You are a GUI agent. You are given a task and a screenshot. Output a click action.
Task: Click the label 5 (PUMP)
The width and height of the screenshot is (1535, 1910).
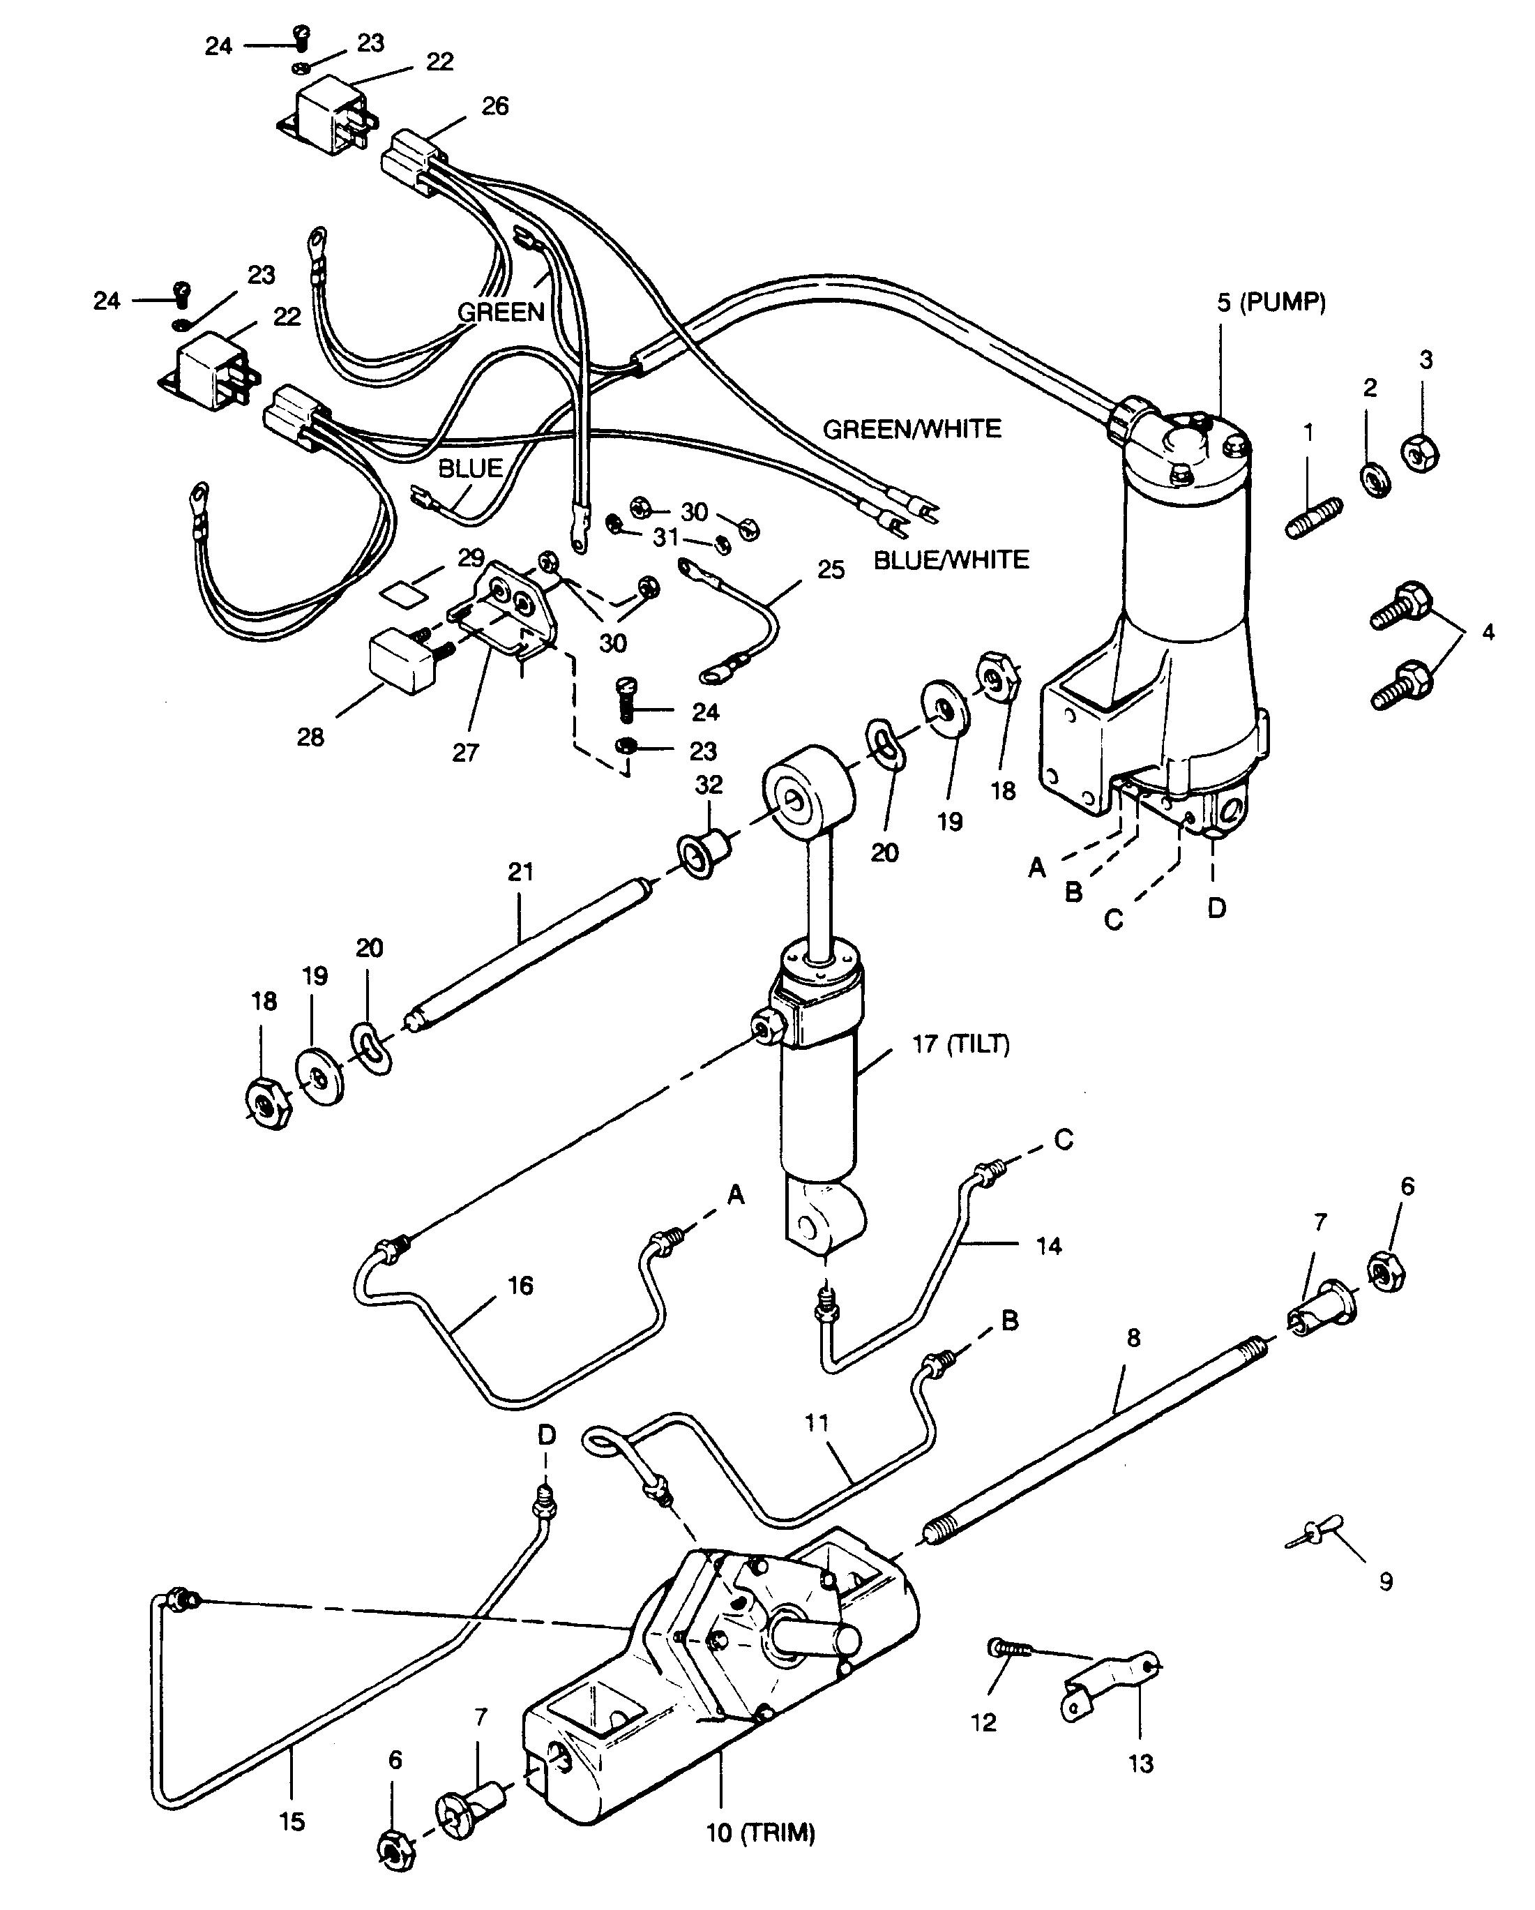(x=1271, y=303)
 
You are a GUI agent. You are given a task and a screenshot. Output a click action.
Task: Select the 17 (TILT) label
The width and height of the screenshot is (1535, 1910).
(x=961, y=1044)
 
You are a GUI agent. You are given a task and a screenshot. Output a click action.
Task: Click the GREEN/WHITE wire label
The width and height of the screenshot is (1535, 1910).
(x=912, y=430)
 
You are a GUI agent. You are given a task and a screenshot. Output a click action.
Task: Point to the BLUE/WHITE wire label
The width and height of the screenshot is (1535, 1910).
(x=951, y=560)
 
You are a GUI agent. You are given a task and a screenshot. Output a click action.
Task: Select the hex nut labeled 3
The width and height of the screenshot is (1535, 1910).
(x=1420, y=453)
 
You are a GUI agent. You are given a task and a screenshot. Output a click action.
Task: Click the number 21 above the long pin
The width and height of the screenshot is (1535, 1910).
(x=521, y=872)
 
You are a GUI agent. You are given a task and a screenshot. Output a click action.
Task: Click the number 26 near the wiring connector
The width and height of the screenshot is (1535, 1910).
(x=495, y=106)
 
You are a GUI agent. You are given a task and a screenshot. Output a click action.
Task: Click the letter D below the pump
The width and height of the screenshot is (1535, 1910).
(x=1217, y=908)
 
